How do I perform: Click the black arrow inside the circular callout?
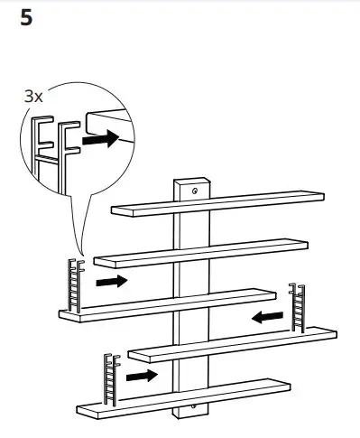[100, 140]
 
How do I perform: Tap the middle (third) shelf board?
[167, 303]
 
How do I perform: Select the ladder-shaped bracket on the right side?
[295, 310]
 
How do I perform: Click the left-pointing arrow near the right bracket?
[267, 317]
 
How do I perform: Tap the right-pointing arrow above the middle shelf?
[111, 282]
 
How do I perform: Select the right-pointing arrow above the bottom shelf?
[141, 374]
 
